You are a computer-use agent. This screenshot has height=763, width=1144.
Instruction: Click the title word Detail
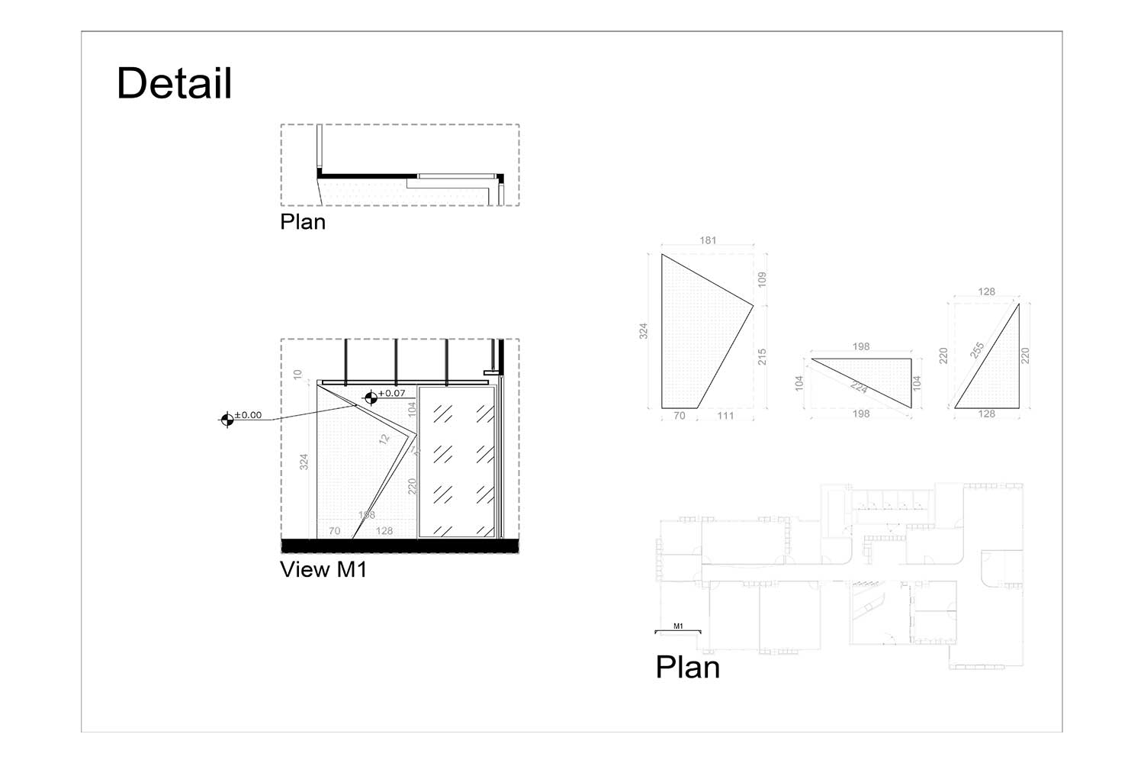pyautogui.click(x=174, y=83)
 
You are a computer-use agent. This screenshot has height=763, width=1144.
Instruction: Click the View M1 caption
pyautogui.click(x=323, y=569)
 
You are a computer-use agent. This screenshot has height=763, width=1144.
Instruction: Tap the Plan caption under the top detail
pyautogui.click(x=303, y=222)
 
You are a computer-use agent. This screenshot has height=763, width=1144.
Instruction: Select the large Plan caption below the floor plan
pyautogui.click(x=687, y=668)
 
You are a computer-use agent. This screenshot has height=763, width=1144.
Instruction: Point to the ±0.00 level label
pyautogui.click(x=248, y=415)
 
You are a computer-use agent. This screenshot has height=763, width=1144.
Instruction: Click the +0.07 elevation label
pyautogui.click(x=392, y=393)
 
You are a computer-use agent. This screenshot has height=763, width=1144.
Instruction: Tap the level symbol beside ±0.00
pyautogui.click(x=227, y=419)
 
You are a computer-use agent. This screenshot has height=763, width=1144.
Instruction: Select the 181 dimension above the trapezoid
pyautogui.click(x=708, y=240)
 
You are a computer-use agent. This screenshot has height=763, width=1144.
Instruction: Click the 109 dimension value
pyautogui.click(x=761, y=279)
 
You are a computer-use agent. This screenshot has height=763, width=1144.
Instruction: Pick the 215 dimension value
pyautogui.click(x=761, y=356)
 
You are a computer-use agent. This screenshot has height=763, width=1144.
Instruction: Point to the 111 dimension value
pyautogui.click(x=725, y=416)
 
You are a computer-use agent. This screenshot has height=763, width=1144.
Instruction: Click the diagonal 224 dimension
pyautogui.click(x=859, y=388)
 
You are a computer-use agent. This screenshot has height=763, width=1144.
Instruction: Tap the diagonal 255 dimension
pyautogui.click(x=978, y=350)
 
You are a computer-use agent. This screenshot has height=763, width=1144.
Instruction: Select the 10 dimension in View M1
pyautogui.click(x=297, y=375)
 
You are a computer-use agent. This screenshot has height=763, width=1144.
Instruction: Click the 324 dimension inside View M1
pyautogui.click(x=304, y=462)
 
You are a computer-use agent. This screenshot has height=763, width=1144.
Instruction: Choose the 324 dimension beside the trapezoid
pyautogui.click(x=644, y=331)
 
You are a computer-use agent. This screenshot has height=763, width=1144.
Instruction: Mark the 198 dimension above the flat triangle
pyautogui.click(x=861, y=346)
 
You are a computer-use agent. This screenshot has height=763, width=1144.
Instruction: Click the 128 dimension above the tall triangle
pyautogui.click(x=986, y=291)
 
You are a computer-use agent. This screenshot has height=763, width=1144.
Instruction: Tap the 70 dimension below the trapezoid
pyautogui.click(x=679, y=416)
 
